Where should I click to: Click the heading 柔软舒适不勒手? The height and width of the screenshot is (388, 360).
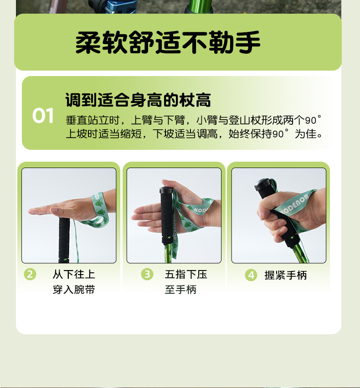click(168, 42)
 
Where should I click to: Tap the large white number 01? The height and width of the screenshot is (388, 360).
click(43, 116)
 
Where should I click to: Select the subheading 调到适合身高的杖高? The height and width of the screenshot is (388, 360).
click(138, 100)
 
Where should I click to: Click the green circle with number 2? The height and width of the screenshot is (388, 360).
click(30, 274)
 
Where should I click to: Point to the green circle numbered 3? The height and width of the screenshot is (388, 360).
click(147, 274)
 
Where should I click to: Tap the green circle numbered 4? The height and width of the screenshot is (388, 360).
click(251, 275)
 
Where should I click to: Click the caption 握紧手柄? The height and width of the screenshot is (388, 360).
click(285, 275)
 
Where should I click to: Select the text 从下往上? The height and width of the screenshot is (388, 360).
click(74, 274)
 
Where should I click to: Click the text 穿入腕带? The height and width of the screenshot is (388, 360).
click(74, 290)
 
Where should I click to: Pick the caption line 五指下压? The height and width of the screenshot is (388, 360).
click(186, 274)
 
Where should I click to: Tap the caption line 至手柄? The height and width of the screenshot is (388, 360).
click(180, 290)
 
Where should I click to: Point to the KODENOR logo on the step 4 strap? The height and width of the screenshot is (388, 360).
click(295, 204)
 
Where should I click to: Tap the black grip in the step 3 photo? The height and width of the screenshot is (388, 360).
click(166, 215)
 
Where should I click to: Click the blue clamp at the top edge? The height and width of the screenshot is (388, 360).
click(116, 6)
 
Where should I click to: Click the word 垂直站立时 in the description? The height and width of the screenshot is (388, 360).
click(93, 120)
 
